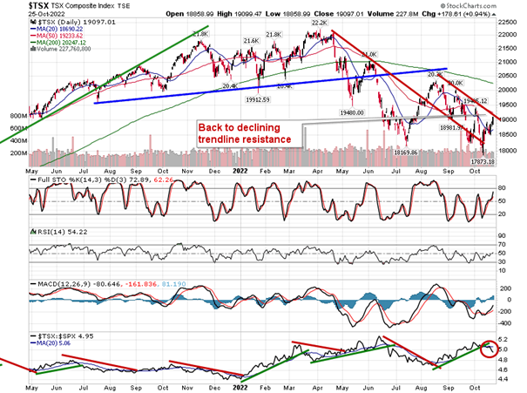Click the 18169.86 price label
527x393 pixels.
[x=409, y=152]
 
